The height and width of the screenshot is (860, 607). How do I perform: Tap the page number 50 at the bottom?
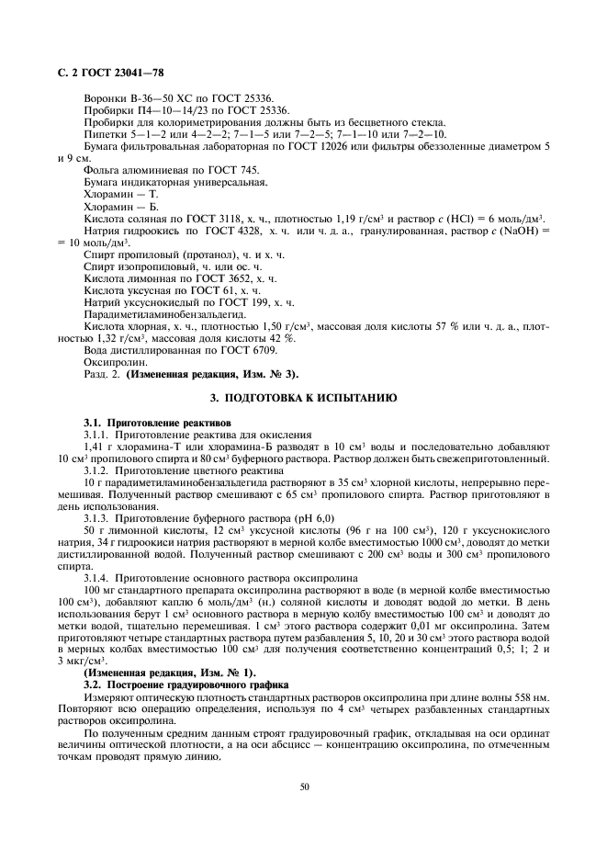coord(303,786)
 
